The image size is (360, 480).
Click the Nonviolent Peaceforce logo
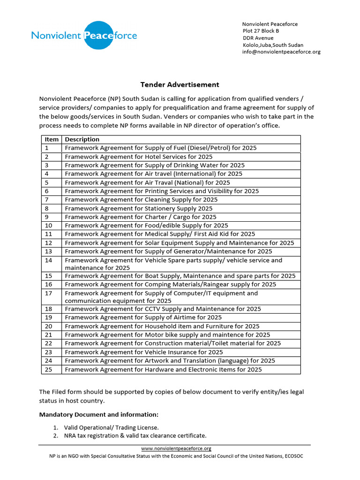(x=84, y=35)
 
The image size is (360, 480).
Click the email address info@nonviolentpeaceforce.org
(x=281, y=52)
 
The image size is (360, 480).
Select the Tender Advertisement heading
(x=180, y=85)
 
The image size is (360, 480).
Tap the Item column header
(x=52, y=139)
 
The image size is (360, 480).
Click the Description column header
(x=82, y=139)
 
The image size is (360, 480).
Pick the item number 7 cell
(x=47, y=200)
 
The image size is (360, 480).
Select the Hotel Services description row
(x=138, y=157)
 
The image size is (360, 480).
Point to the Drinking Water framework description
(x=155, y=165)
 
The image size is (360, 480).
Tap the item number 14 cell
(x=49, y=260)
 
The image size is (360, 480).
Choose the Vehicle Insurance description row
(x=144, y=352)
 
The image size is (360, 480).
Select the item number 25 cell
(x=49, y=369)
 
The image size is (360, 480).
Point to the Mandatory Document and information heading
(x=99, y=415)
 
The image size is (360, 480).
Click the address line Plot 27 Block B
(x=261, y=31)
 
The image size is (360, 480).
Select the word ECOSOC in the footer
(x=292, y=456)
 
